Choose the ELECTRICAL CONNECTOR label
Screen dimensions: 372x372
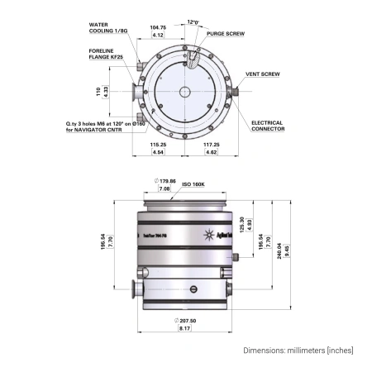(267, 126)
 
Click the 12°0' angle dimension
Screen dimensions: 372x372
(193, 22)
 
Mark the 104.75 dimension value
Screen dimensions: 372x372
(157, 27)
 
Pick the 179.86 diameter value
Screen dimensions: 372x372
(166, 179)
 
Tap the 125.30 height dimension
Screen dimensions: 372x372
(241, 223)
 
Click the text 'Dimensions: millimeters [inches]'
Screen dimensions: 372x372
(297, 351)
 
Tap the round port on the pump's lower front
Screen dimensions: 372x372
(193, 289)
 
